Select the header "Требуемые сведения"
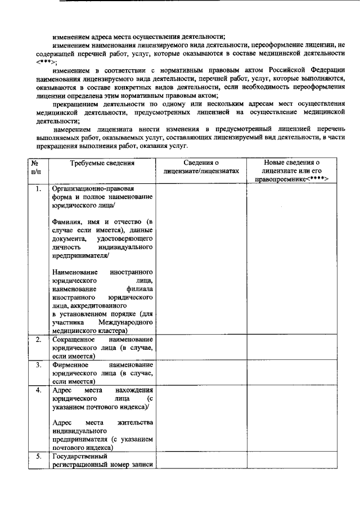(x=102, y=163)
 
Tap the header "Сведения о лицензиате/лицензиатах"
(x=201, y=167)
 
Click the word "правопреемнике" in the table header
(x=295, y=179)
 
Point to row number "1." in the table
(x=38, y=189)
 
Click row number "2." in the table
(x=38, y=340)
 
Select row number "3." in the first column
(x=38, y=364)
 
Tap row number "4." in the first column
(x=38, y=390)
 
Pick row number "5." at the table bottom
(x=38, y=456)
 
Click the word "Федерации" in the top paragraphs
(x=323, y=71)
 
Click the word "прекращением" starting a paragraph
(x=78, y=104)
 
